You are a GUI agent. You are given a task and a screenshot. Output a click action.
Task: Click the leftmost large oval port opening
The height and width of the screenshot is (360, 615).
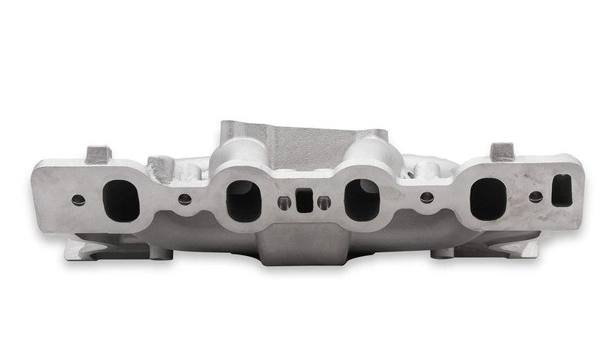[x=121, y=200]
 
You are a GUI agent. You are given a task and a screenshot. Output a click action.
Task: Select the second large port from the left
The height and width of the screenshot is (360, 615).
[x=244, y=201]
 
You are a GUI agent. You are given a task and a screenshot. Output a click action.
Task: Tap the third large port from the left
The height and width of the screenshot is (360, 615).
[x=362, y=199]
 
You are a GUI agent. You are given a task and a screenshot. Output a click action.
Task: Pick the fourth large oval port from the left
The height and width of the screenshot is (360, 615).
[x=488, y=198]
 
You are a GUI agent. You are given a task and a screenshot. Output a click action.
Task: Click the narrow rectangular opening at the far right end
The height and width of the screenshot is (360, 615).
[x=562, y=190]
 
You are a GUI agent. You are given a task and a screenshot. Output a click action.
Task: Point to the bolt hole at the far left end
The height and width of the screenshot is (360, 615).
[x=78, y=199]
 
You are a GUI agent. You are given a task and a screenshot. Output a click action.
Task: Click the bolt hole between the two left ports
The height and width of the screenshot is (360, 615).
[x=184, y=199]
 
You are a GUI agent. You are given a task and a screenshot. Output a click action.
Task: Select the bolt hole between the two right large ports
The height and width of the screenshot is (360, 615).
[x=427, y=198]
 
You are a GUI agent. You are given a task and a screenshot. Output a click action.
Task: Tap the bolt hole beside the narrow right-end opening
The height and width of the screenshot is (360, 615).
[x=536, y=197]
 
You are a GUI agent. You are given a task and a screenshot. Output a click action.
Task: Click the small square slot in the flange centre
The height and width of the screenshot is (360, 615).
[x=304, y=201]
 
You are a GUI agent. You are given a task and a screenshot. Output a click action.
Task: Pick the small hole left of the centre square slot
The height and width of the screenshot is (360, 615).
[x=284, y=202]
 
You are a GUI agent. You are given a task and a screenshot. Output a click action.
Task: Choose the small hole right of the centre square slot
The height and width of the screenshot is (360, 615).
[x=324, y=202]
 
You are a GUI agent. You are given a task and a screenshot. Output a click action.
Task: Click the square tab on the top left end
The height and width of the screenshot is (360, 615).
[x=98, y=154]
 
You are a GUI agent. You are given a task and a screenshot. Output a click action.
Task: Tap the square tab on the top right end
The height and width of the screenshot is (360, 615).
[x=502, y=152]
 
